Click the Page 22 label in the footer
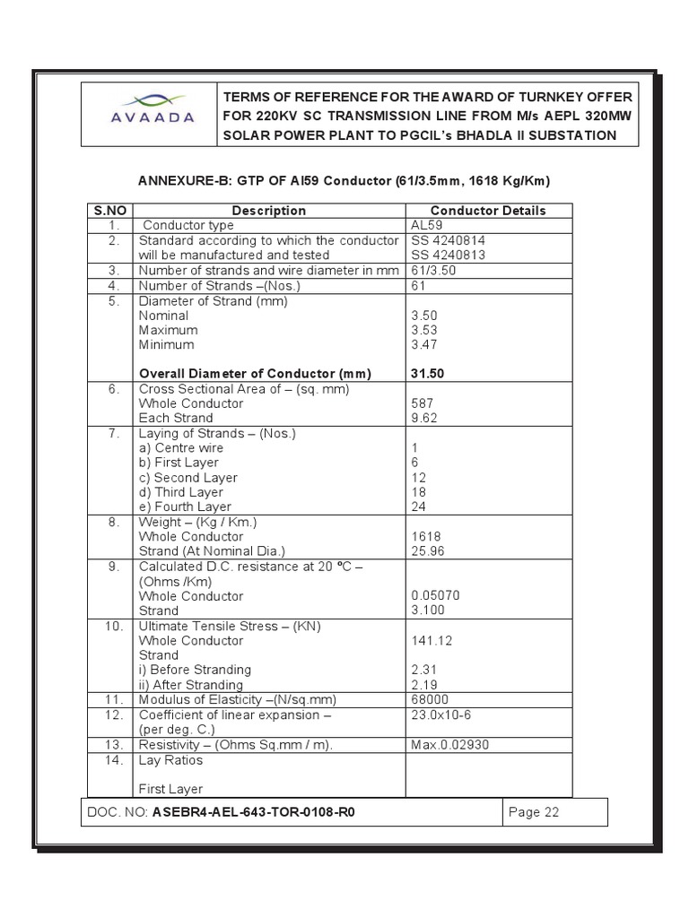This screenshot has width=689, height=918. (534, 812)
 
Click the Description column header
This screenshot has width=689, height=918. (268, 211)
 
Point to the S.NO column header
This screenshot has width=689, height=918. (109, 211)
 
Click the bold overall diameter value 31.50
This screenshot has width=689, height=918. (428, 373)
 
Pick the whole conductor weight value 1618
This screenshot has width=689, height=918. (426, 536)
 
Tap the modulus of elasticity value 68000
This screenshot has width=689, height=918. (430, 699)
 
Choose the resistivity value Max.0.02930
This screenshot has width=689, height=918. (449, 744)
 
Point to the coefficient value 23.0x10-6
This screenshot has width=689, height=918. (440, 714)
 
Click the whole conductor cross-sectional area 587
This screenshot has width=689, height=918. (422, 403)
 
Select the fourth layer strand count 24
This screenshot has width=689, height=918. (418, 507)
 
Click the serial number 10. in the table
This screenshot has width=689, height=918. (114, 626)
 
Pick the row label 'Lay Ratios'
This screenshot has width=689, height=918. (170, 760)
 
